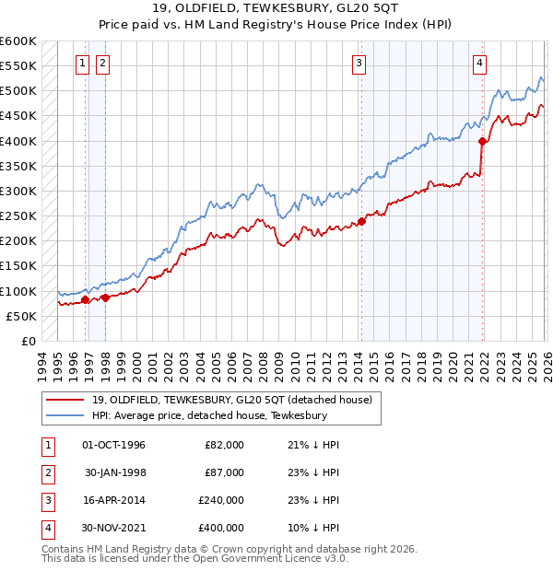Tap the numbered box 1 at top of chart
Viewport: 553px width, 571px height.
(x=83, y=63)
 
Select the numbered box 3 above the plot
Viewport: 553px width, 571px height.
(x=359, y=63)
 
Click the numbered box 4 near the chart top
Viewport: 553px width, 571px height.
(x=480, y=63)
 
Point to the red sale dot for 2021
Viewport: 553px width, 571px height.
(x=482, y=142)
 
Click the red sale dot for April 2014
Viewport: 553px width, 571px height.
(x=362, y=221)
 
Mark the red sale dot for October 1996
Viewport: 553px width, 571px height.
(x=86, y=299)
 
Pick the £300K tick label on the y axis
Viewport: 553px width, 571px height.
(x=19, y=192)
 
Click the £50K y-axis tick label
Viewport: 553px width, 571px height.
(x=22, y=316)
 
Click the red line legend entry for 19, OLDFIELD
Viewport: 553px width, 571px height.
(x=231, y=400)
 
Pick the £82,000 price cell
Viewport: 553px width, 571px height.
(x=225, y=445)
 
